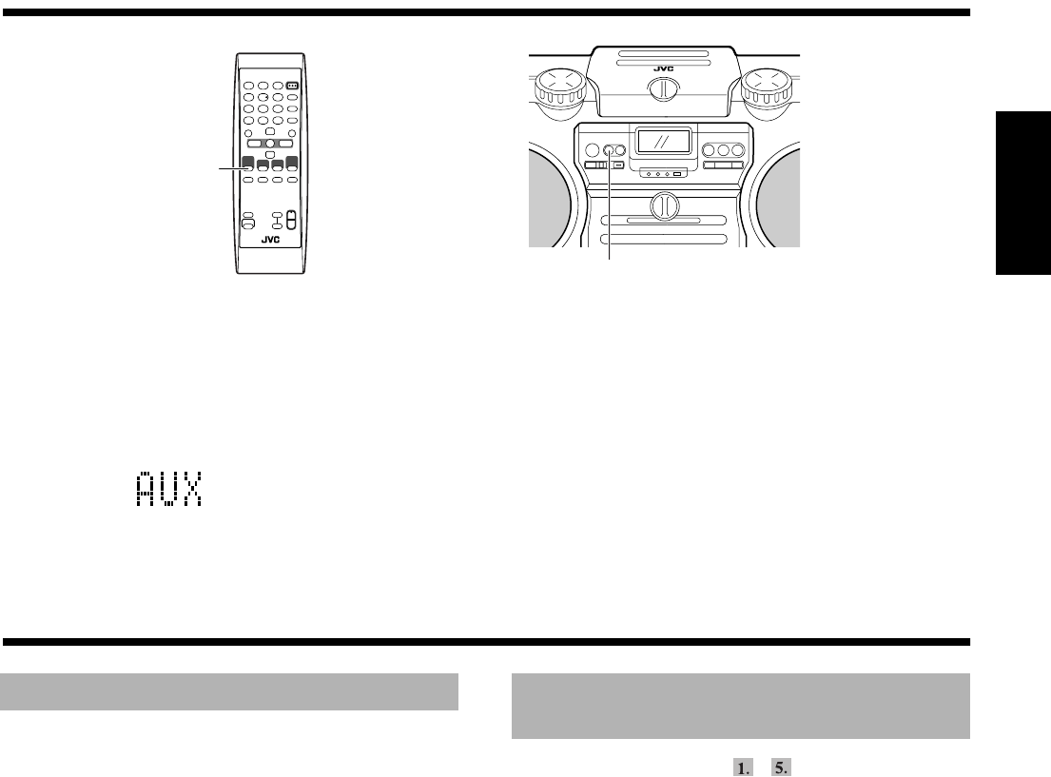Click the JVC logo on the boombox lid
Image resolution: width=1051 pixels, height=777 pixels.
(x=664, y=68)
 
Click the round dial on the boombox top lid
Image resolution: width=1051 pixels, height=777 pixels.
(x=664, y=93)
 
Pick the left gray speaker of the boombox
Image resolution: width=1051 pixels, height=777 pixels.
(x=551, y=194)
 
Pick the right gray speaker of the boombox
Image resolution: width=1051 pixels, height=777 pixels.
(x=776, y=194)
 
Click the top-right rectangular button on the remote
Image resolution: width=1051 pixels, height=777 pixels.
(x=292, y=85)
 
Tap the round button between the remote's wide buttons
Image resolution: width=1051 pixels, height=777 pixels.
(x=269, y=143)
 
